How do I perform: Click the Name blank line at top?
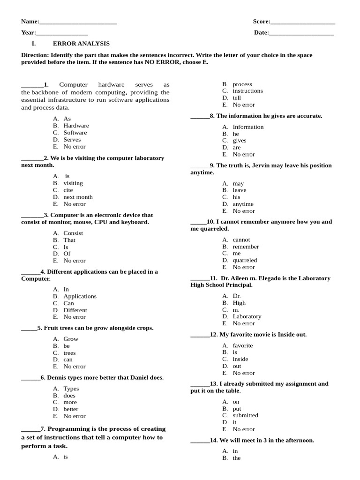78,22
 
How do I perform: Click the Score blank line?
303,22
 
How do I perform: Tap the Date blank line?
301,33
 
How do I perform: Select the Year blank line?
62,33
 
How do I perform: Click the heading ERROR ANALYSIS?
81,44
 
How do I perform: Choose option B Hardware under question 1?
76,126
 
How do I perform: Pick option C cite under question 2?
68,190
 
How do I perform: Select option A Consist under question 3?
73,233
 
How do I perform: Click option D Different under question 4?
75,310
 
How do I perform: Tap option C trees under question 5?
69,353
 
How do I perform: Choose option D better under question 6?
71,409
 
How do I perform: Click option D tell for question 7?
237,98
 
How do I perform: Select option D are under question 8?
237,148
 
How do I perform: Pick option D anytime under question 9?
243,204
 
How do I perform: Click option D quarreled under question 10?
245,260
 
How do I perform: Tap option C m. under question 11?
236,310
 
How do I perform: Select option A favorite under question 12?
242,345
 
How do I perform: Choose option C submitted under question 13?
245,415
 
